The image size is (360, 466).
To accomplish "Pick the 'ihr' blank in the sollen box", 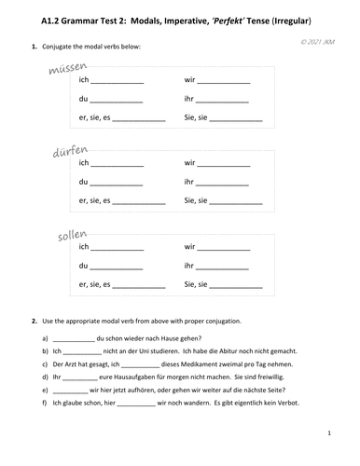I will (225, 266).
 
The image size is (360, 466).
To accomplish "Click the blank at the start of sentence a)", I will (74, 337).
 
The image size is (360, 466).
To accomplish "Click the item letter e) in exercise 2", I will (45, 392).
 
